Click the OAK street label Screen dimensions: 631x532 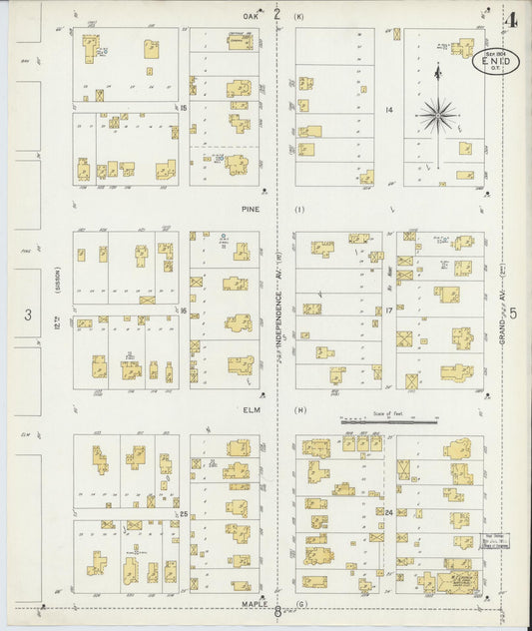[x=250, y=16]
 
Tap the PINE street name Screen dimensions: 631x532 [x=250, y=210]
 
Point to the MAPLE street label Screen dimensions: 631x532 [x=250, y=603]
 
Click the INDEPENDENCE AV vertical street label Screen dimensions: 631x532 [x=280, y=319]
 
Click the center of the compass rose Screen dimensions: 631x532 [x=437, y=116]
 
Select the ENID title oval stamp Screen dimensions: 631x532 [x=495, y=62]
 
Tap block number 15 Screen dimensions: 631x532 [x=185, y=108]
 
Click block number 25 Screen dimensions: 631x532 [x=185, y=513]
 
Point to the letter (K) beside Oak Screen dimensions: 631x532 [x=298, y=16]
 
